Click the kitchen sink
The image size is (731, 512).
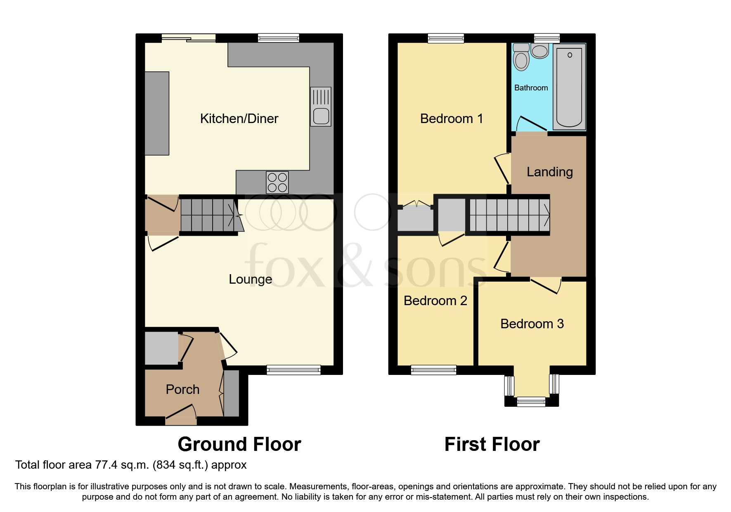(321, 107)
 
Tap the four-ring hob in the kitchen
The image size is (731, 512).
(277, 182)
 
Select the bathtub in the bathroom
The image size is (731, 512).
(570, 87)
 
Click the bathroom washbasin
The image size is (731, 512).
(539, 52)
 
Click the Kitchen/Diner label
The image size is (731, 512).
(239, 119)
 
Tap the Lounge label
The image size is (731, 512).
(250, 280)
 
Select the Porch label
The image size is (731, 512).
(182, 389)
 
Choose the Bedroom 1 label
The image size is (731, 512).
(451, 119)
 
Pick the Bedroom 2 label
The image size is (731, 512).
(435, 301)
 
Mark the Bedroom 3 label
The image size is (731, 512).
(532, 324)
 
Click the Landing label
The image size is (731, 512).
(549, 172)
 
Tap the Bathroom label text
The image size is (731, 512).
(531, 88)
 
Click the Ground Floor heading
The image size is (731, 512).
(239, 444)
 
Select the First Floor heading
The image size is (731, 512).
(492, 444)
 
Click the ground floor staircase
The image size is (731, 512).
(208, 215)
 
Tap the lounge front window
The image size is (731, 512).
(293, 370)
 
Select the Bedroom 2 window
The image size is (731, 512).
(433, 370)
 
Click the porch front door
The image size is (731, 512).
(181, 420)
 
